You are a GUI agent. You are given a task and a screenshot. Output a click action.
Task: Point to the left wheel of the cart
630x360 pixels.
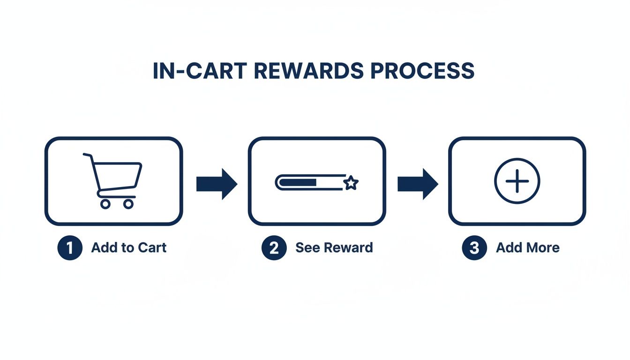click(x=105, y=204)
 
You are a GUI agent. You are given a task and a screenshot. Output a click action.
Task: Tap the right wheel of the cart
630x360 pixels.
click(x=128, y=204)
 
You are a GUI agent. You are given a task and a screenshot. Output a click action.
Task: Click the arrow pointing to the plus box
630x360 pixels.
click(x=418, y=184)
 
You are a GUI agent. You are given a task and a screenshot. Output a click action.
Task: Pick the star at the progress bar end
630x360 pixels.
click(x=351, y=183)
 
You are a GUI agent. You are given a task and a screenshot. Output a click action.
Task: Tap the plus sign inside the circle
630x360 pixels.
click(x=517, y=181)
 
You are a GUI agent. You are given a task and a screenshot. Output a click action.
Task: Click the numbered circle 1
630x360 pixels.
click(x=70, y=247)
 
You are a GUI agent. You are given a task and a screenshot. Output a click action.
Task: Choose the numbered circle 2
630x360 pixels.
click(x=274, y=247)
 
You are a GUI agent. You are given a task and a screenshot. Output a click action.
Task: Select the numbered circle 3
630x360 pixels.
click(x=474, y=247)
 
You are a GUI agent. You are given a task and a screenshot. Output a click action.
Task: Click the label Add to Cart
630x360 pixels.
click(x=129, y=247)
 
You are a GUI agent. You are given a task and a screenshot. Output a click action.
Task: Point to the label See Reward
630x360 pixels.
click(x=334, y=247)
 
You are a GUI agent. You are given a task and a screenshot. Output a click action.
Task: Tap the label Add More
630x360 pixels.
click(x=528, y=247)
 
